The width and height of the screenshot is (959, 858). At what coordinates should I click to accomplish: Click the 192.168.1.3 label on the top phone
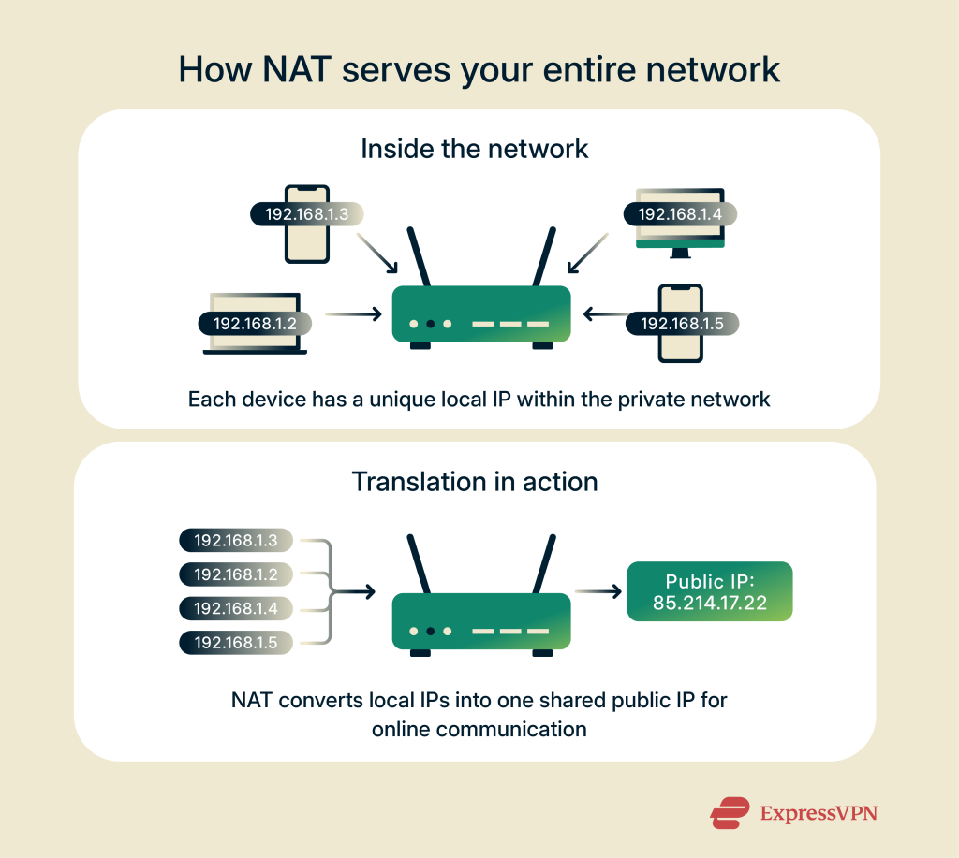[x=306, y=213]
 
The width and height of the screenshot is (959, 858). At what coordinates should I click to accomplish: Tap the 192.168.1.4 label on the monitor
[x=679, y=213]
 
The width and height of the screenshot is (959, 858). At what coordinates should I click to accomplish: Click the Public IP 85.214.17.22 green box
[x=709, y=591]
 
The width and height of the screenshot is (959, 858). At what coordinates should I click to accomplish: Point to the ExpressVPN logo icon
[x=730, y=812]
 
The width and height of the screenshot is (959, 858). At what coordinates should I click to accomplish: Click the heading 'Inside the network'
[x=475, y=148]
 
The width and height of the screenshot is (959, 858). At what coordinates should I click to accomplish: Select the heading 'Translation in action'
[x=475, y=482]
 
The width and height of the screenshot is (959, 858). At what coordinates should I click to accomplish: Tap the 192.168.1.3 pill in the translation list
[x=235, y=540]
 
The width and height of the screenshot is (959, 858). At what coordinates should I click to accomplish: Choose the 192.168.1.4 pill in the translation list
[x=235, y=608]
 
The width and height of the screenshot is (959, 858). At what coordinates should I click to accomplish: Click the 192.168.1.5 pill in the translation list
[x=235, y=643]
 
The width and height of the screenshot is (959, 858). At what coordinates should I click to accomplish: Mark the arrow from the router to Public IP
[x=598, y=591]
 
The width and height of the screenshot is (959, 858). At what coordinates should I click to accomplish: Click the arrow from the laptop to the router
[x=353, y=314]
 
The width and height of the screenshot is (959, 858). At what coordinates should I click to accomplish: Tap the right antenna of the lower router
[x=542, y=561]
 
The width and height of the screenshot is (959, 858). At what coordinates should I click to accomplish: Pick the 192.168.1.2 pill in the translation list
[x=235, y=574]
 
